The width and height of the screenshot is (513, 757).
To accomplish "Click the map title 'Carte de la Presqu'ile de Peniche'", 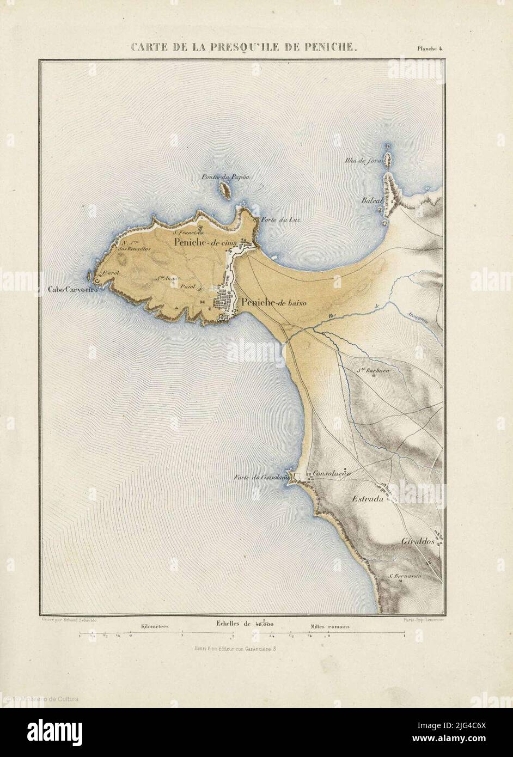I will [243, 47].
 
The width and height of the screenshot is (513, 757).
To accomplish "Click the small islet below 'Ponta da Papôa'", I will [224, 191].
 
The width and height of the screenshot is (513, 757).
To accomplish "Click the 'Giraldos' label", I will [417, 542].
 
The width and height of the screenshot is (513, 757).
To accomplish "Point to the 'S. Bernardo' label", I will [404, 576].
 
